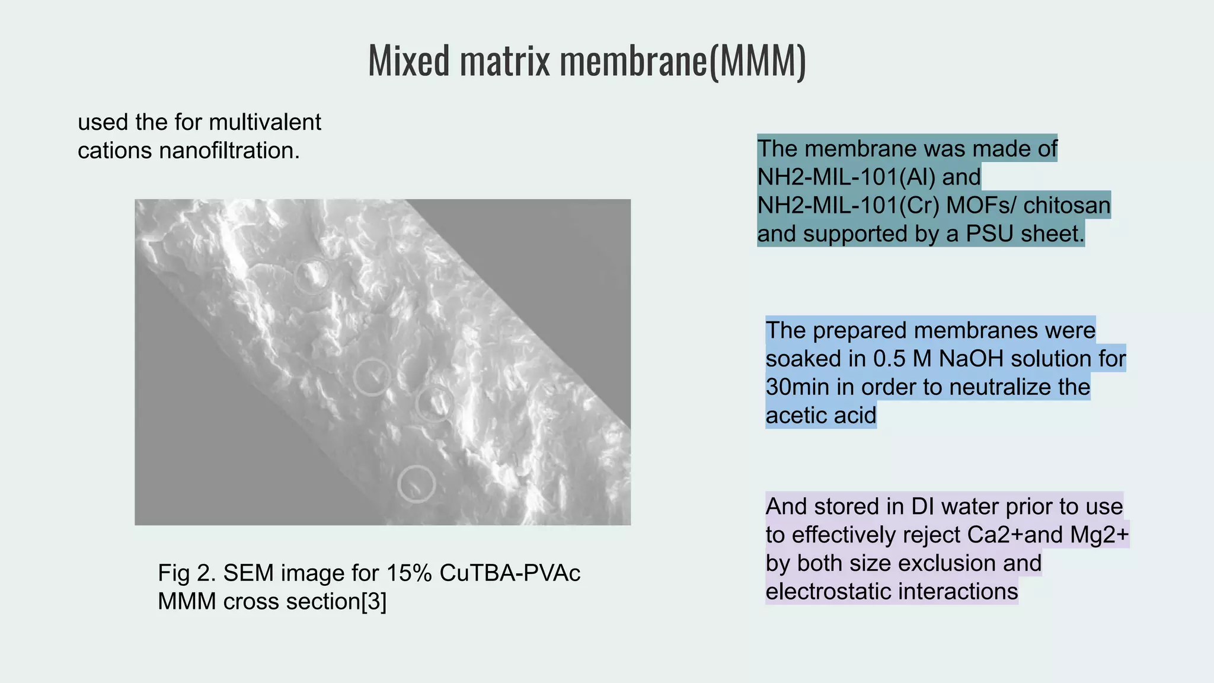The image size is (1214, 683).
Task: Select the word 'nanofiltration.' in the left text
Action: (x=229, y=151)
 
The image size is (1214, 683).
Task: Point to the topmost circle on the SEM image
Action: (x=312, y=276)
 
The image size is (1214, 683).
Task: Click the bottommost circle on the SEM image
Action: (x=417, y=484)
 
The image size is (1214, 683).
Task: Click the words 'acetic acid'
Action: (x=820, y=416)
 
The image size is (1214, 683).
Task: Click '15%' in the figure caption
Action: (x=409, y=573)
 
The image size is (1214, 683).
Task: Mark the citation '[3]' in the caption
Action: (x=373, y=602)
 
